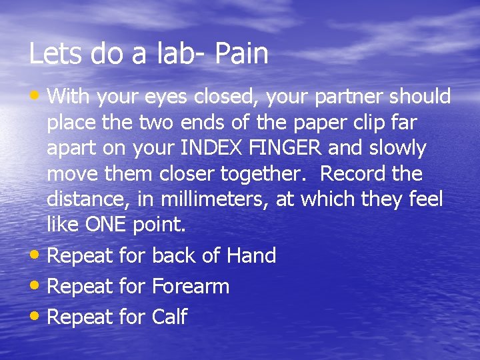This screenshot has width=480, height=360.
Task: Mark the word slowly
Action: click(395, 148)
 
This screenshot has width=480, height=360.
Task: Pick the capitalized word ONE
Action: click(108, 225)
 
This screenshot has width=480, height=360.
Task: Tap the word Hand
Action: click(251, 255)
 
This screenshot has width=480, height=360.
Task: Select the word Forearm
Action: click(191, 287)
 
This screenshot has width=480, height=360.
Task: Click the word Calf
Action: click(170, 317)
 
